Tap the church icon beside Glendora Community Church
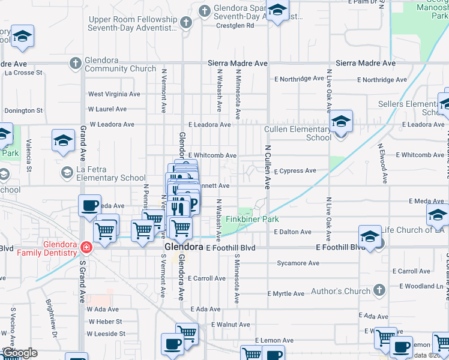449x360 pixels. (76, 62)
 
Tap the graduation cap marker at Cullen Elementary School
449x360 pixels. (341, 122)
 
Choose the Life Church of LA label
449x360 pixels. (414, 230)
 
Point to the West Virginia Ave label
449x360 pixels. (114, 94)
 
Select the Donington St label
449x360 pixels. (23, 111)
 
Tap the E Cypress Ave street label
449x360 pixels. (295, 171)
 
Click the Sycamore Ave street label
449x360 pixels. (298, 263)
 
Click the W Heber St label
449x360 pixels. (104, 322)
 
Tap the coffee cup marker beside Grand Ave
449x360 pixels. (89, 206)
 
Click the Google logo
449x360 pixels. (20, 353)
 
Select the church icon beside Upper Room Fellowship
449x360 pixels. (186, 23)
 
